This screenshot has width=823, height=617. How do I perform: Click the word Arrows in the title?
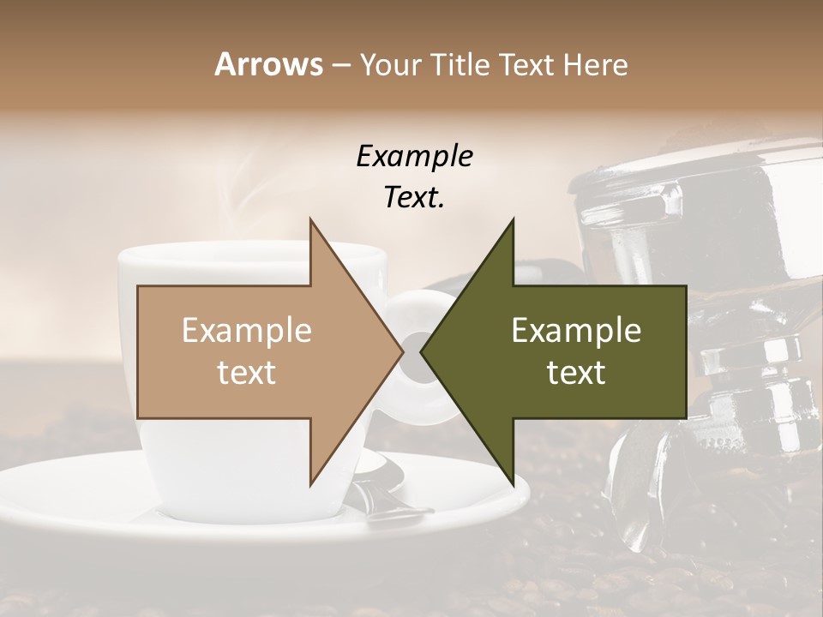pyautogui.click(x=269, y=64)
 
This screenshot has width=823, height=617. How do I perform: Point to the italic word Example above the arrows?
pyautogui.click(x=414, y=157)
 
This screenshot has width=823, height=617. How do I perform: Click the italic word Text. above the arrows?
pyautogui.click(x=414, y=197)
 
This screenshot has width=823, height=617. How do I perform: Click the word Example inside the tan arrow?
pyautogui.click(x=246, y=330)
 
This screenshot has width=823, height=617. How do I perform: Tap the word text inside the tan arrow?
pyautogui.click(x=246, y=372)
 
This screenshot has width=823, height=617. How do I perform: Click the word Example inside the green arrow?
pyautogui.click(x=576, y=330)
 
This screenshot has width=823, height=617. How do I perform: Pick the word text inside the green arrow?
pyautogui.click(x=576, y=372)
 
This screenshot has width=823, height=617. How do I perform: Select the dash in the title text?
pyautogui.click(x=340, y=66)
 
